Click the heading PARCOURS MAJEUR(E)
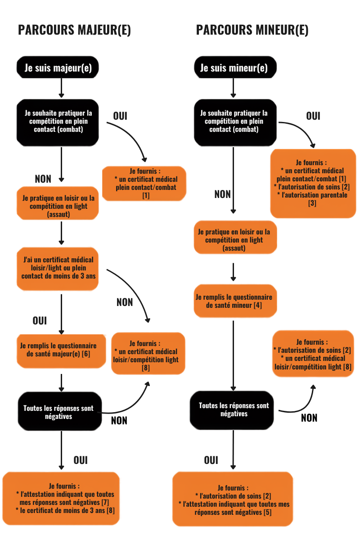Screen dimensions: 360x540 [x=74, y=30]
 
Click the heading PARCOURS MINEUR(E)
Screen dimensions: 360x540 [x=252, y=30]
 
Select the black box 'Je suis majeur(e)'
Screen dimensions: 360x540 [x=58, y=67]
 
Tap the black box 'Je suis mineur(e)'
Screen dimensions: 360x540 [x=235, y=67]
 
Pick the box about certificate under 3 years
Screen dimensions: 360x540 [x=58, y=269]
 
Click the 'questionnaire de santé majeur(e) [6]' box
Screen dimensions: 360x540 [x=61, y=351]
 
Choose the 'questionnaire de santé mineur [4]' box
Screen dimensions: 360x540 [x=235, y=301]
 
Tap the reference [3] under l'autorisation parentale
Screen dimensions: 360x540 [x=312, y=203]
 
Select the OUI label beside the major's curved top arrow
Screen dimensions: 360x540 [x=120, y=116]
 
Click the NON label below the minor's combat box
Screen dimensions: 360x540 [x=223, y=194]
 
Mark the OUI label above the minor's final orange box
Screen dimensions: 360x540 [x=211, y=460]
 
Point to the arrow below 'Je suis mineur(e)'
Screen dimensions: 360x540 [x=233, y=88]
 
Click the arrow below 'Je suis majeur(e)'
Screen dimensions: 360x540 [x=61, y=88]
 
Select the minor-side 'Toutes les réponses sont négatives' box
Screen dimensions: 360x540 [x=232, y=410]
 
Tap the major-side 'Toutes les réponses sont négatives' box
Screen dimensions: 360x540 [x=60, y=411]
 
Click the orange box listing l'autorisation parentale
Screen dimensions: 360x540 [x=313, y=184]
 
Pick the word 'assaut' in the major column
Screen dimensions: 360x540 [x=58, y=214]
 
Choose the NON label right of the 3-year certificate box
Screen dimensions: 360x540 [x=125, y=302]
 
